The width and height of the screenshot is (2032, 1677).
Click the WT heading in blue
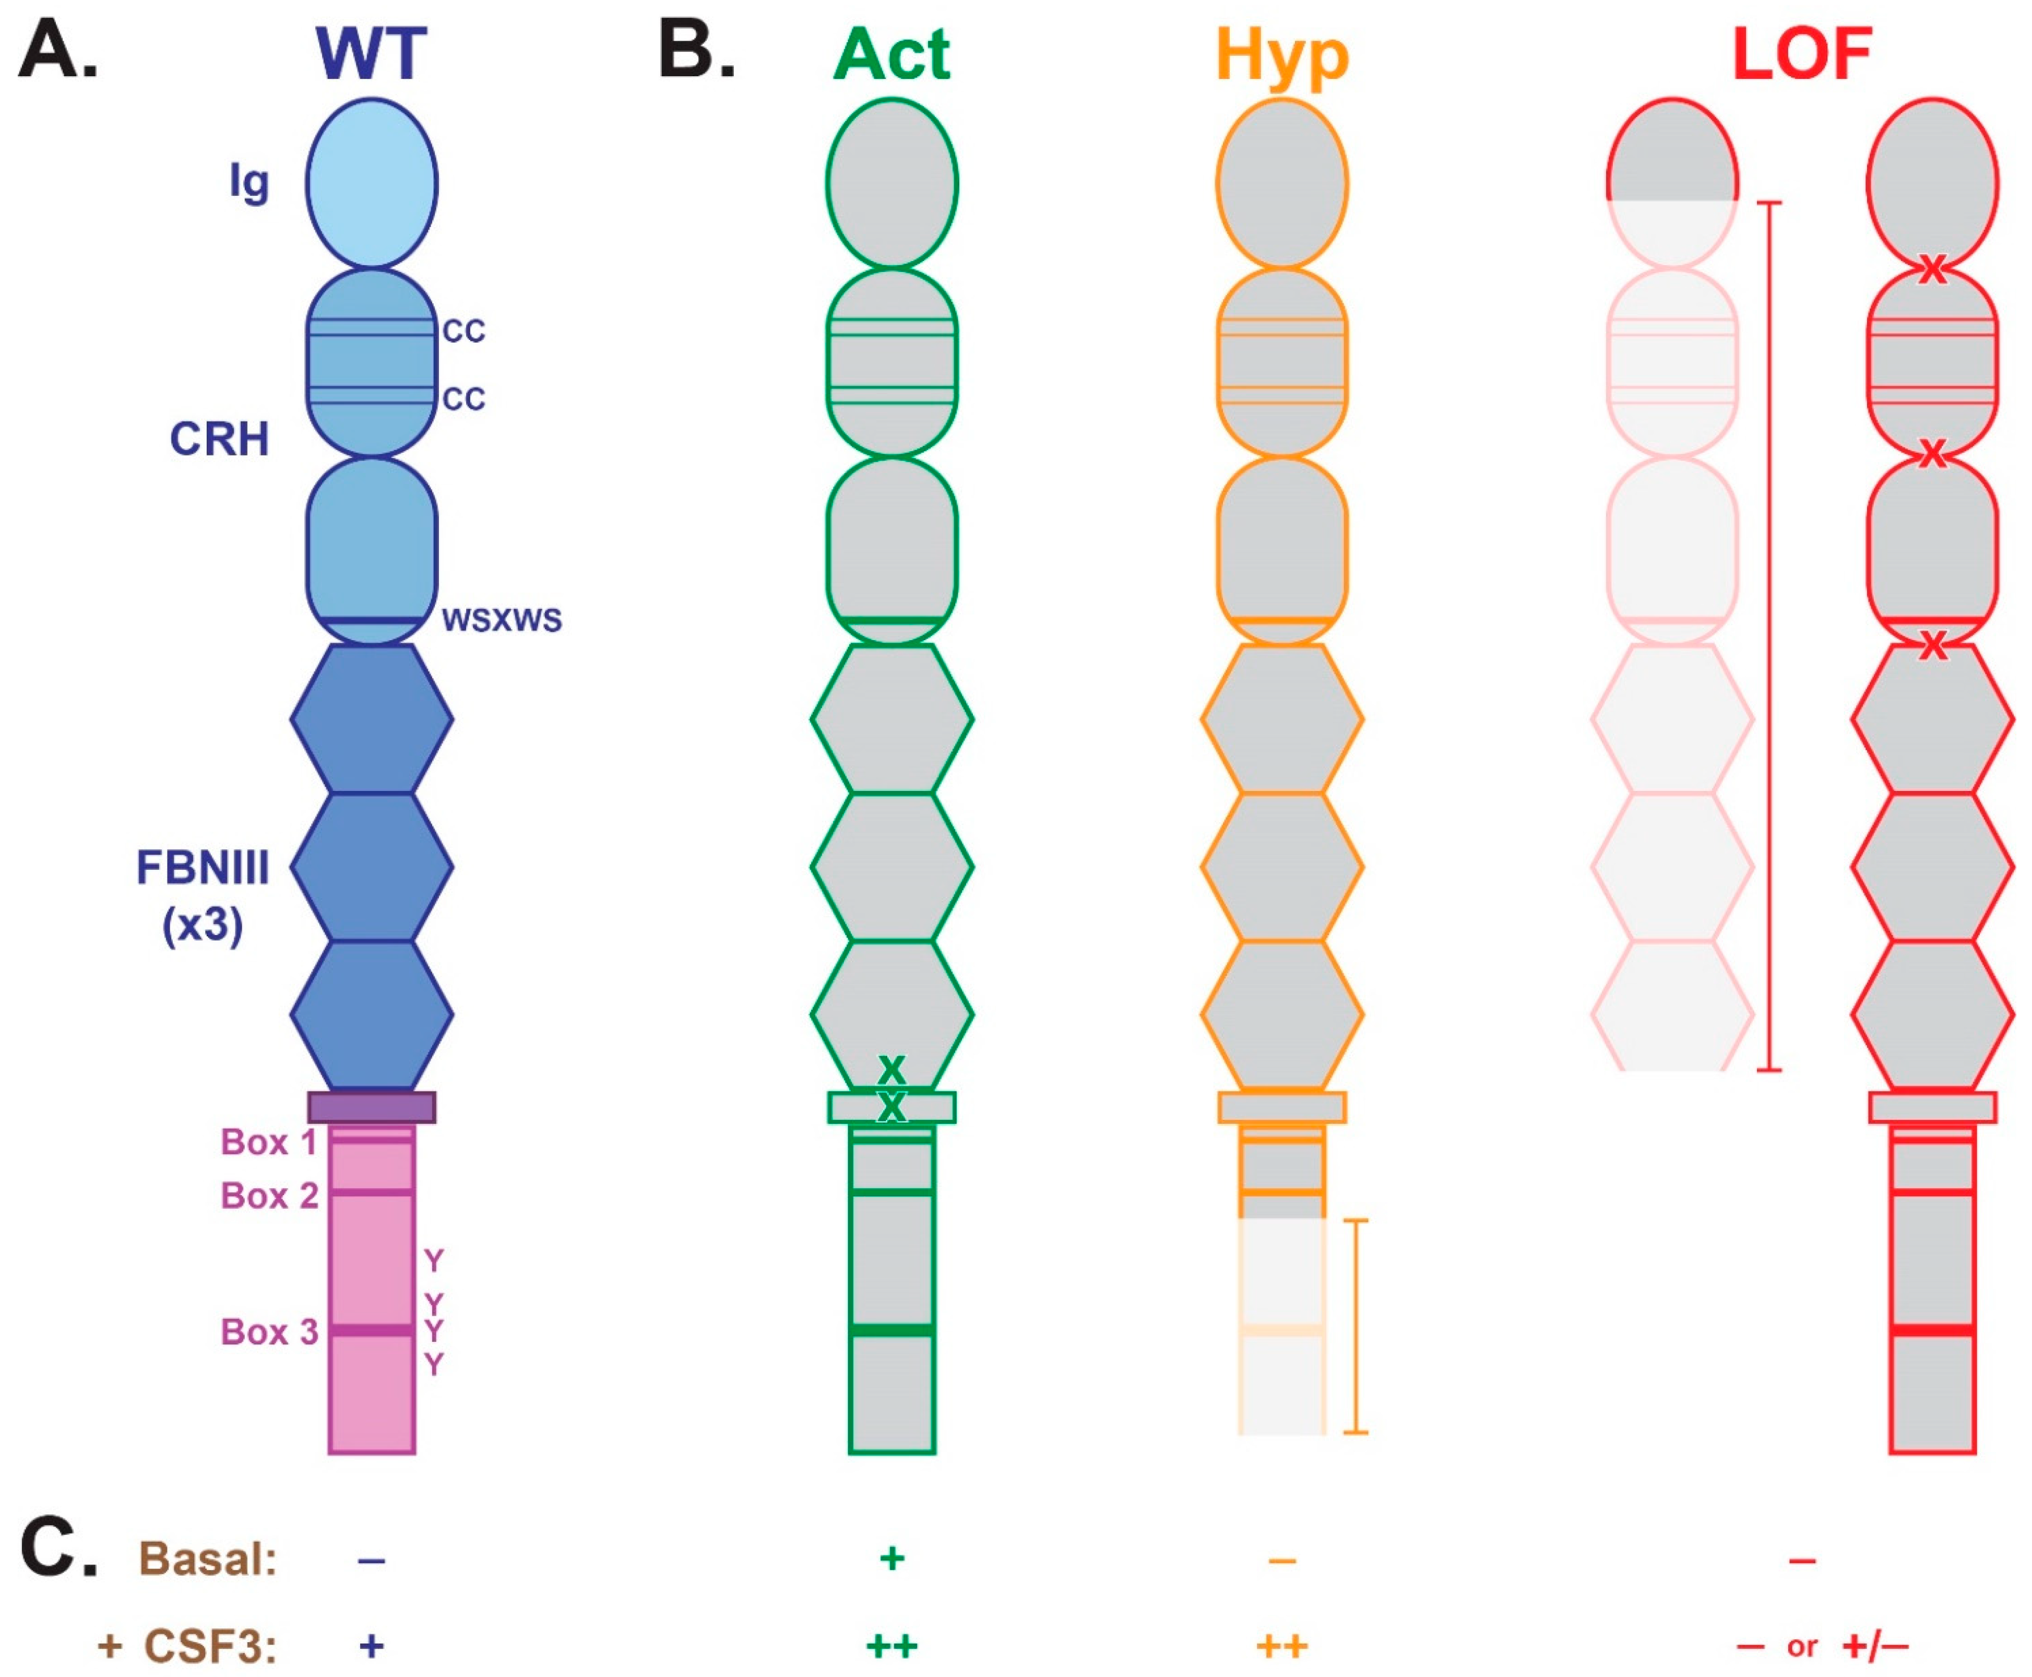coord(371,54)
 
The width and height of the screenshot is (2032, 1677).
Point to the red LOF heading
coord(1802,54)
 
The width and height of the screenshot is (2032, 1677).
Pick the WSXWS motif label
coord(501,620)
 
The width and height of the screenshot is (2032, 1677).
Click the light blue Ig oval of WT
coord(372,184)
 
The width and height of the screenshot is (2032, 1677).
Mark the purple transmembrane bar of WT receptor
coord(372,1107)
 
